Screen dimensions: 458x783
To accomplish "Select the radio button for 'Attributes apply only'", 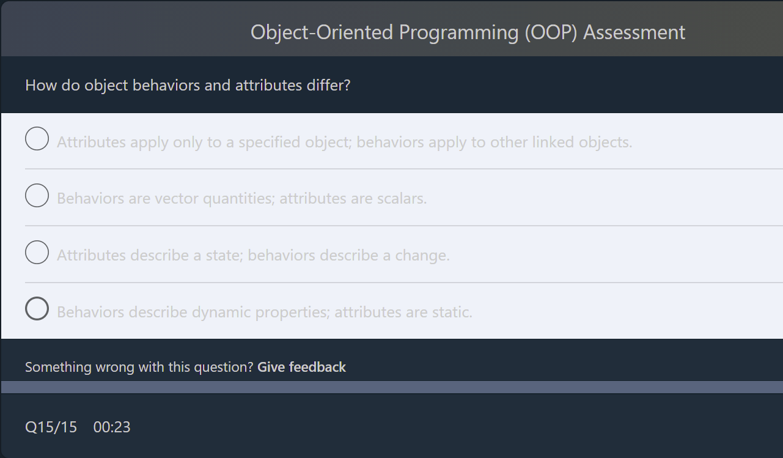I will [x=37, y=139].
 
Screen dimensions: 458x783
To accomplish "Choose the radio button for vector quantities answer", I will [x=37, y=196].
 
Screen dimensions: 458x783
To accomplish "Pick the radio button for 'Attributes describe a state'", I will [x=37, y=253].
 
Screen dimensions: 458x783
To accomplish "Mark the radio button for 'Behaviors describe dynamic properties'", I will [x=37, y=309].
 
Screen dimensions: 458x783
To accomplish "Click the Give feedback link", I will [x=301, y=367].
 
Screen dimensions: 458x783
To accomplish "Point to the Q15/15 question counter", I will [x=51, y=427].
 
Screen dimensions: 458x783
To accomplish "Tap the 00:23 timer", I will [x=112, y=427].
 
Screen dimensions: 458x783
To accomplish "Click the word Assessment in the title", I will [x=634, y=32].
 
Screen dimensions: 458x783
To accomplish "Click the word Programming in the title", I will [x=458, y=32].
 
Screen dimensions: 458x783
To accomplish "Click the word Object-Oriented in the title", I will [x=322, y=32].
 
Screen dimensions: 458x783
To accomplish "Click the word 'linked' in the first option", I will [x=555, y=142].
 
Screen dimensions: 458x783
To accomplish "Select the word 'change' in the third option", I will [x=421, y=256].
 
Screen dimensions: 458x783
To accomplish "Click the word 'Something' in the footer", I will [x=58, y=367].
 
